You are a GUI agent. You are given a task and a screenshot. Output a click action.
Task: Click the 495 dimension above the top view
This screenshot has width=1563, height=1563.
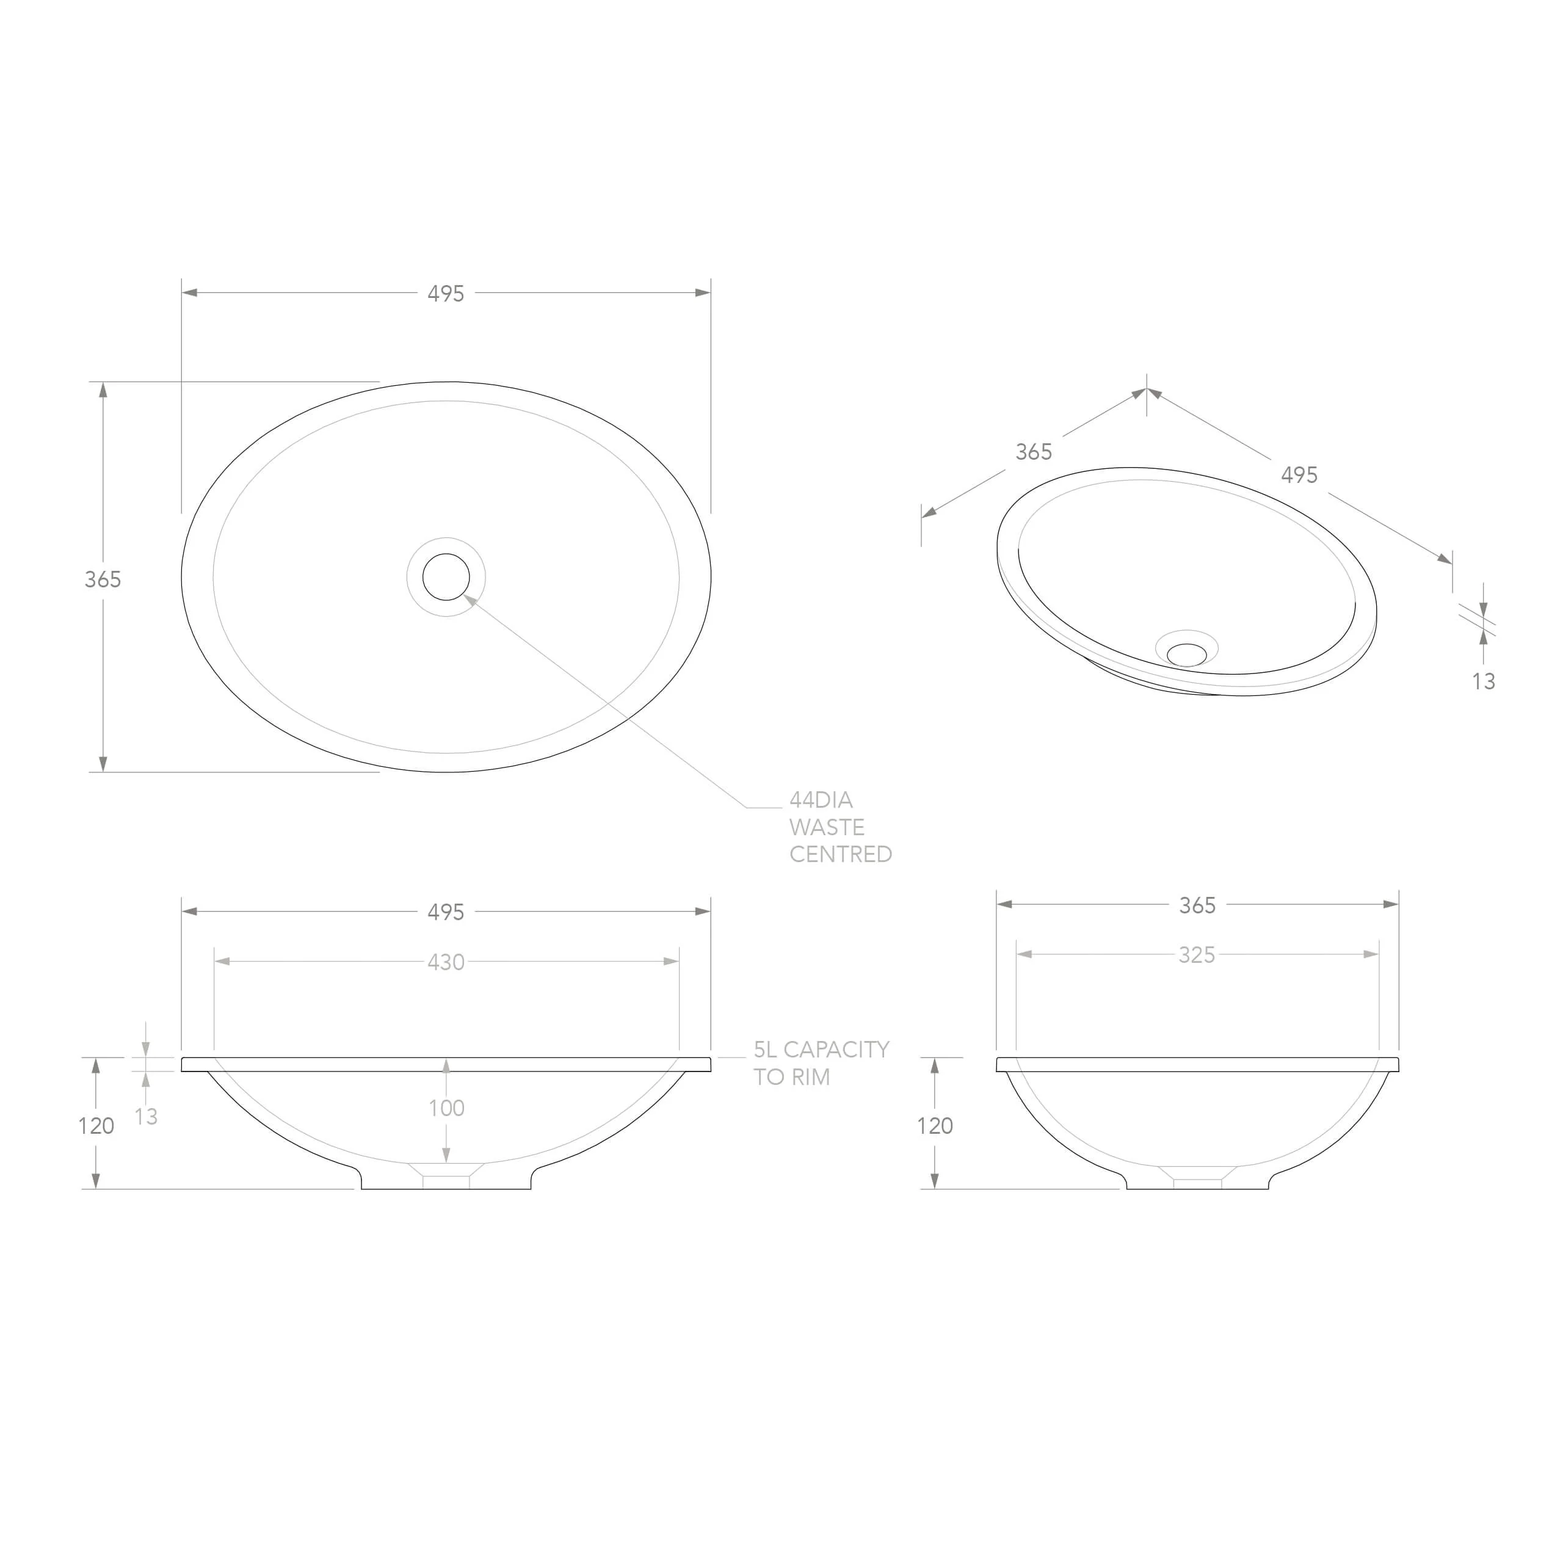click(446, 294)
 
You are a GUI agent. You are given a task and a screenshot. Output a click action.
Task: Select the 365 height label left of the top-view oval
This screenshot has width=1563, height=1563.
click(103, 579)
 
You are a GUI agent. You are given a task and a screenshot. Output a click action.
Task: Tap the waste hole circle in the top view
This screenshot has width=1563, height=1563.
click(446, 577)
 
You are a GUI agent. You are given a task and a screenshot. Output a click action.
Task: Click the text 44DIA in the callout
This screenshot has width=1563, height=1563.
click(821, 800)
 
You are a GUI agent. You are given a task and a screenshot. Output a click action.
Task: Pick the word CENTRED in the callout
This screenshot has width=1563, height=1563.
click(841, 854)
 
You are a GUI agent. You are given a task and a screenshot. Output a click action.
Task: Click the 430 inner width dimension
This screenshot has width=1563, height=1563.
click(446, 962)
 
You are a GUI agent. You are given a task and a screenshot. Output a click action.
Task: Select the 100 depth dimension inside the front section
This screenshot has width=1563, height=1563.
click(446, 1108)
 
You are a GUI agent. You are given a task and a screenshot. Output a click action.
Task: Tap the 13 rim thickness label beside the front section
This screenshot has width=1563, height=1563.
click(147, 1117)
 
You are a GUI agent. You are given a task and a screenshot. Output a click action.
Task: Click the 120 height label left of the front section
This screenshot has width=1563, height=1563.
click(96, 1125)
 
